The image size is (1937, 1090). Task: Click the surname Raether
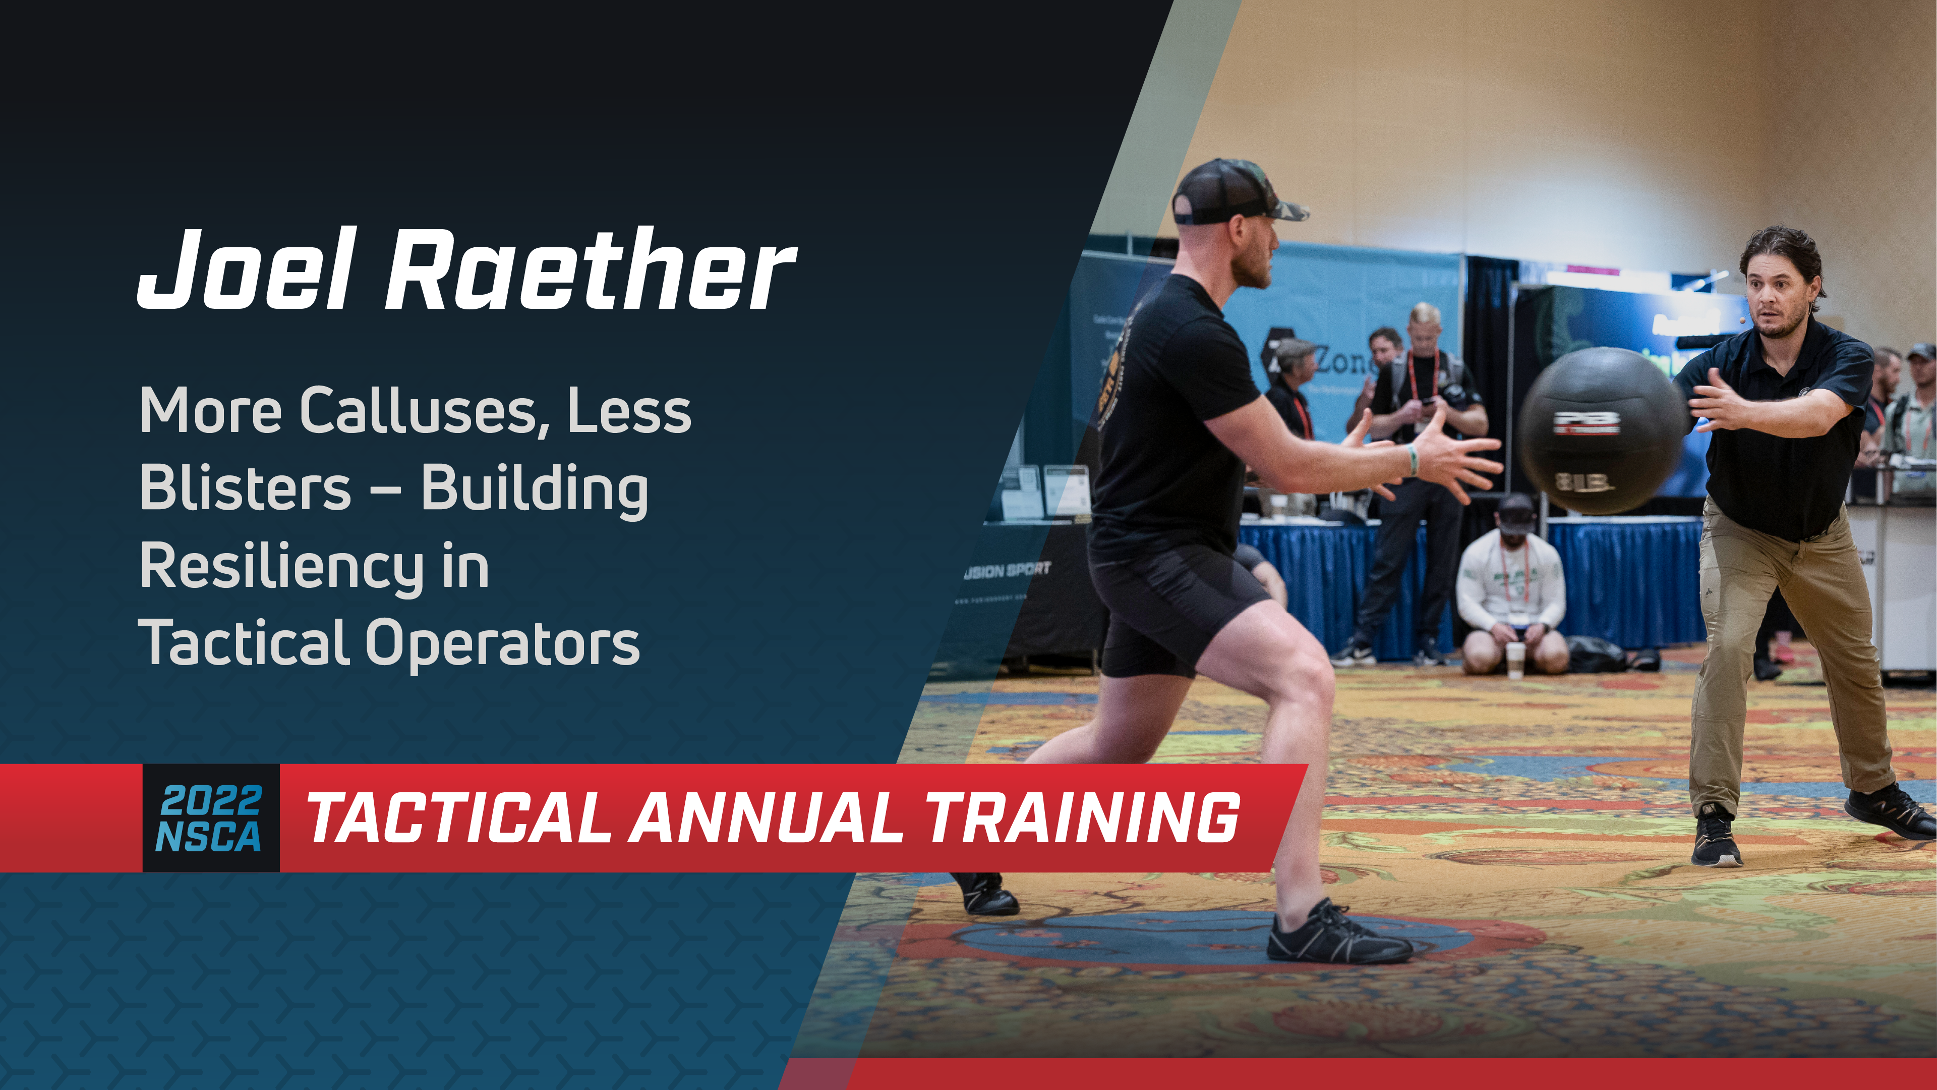(590, 269)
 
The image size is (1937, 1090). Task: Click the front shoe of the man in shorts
(1338, 937)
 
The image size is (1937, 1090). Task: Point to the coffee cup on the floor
(1515, 659)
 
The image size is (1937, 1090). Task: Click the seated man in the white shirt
(1511, 587)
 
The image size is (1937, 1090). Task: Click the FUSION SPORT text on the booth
(1008, 570)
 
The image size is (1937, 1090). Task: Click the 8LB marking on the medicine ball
(1583, 481)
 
